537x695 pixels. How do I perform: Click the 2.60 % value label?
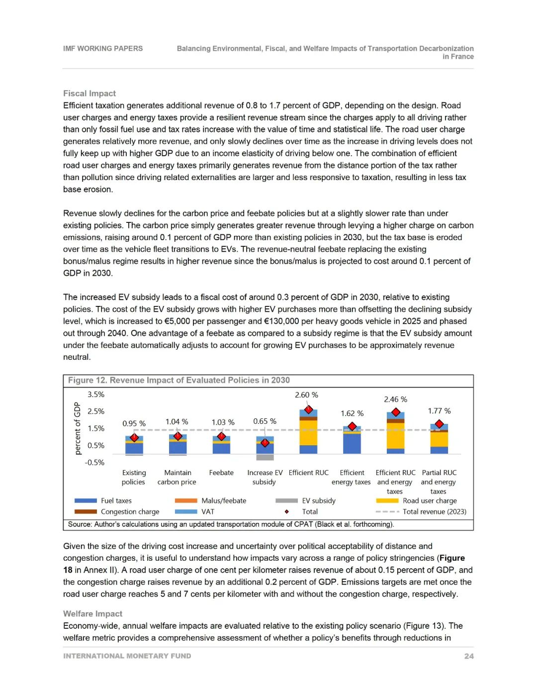(x=306, y=395)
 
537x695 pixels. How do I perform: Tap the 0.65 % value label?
(x=265, y=421)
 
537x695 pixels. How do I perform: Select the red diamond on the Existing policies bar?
(x=134, y=438)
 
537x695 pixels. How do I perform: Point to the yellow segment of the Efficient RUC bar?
(x=308, y=433)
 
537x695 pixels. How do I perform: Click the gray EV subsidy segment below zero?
(x=265, y=457)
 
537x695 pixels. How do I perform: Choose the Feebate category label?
(x=221, y=473)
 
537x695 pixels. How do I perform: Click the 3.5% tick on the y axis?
(x=96, y=395)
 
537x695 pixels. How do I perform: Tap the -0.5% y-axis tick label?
(x=94, y=463)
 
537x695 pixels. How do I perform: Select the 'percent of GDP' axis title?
(x=77, y=428)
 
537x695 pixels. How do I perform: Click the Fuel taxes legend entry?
(x=116, y=501)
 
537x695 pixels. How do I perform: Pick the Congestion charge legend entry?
(x=130, y=512)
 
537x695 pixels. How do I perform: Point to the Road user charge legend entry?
(x=430, y=501)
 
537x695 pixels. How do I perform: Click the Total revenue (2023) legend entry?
(x=434, y=512)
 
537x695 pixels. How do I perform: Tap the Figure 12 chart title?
(x=179, y=381)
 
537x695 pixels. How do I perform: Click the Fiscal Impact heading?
(x=89, y=94)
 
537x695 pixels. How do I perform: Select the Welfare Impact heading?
(x=92, y=614)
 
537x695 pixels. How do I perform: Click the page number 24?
(x=469, y=656)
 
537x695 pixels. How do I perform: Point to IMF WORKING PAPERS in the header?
(x=103, y=49)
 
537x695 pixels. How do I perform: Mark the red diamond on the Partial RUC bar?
(x=439, y=424)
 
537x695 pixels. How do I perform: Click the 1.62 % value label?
(x=352, y=414)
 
